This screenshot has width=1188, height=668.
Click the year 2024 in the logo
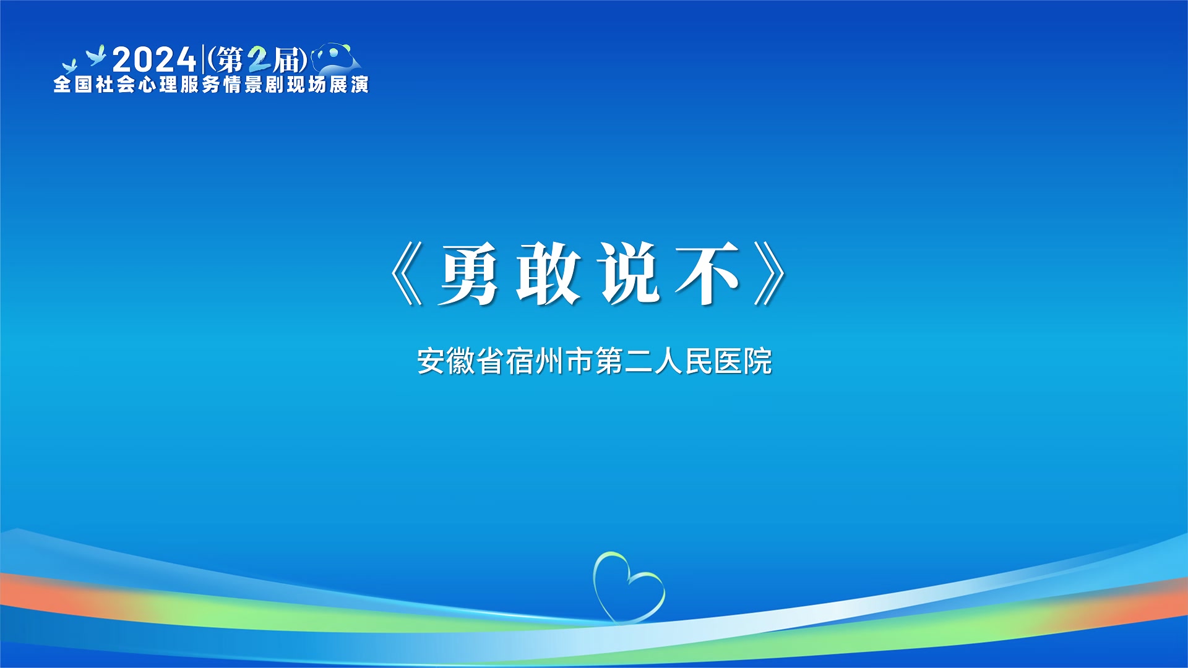pyautogui.click(x=154, y=60)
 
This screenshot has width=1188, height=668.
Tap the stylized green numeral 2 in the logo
pyautogui.click(x=259, y=60)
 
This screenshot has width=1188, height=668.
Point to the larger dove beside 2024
pyautogui.click(x=96, y=55)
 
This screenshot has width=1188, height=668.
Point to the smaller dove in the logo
pyautogui.click(x=69, y=66)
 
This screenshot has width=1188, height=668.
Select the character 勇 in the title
pyautogui.click(x=468, y=273)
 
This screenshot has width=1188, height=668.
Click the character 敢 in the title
pyautogui.click(x=549, y=273)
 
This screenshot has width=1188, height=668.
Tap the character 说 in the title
pyautogui.click(x=629, y=273)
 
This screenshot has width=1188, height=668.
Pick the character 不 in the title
pyautogui.click(x=708, y=273)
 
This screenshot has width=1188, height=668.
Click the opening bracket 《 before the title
pyautogui.click(x=407, y=273)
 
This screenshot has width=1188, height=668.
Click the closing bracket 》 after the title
pyautogui.click(x=770, y=273)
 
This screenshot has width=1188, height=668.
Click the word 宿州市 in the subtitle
pyautogui.click(x=549, y=361)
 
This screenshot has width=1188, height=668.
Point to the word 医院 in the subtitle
pyautogui.click(x=743, y=361)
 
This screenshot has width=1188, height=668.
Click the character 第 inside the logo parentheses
pyautogui.click(x=230, y=60)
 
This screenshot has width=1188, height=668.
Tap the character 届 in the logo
pyautogui.click(x=287, y=60)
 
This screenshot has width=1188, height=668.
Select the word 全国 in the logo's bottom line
pyautogui.click(x=73, y=85)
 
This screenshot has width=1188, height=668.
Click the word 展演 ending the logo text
pyautogui.click(x=349, y=85)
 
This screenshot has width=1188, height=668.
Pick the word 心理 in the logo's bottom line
pyautogui.click(x=158, y=85)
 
